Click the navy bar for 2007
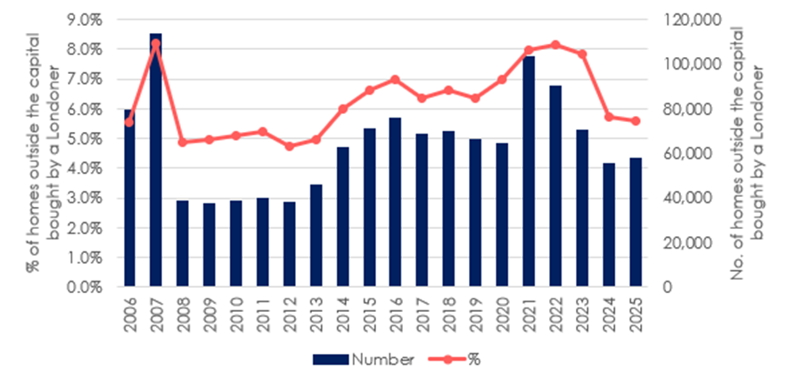156,160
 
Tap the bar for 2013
315,236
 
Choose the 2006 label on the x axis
130,312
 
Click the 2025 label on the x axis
634,312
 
